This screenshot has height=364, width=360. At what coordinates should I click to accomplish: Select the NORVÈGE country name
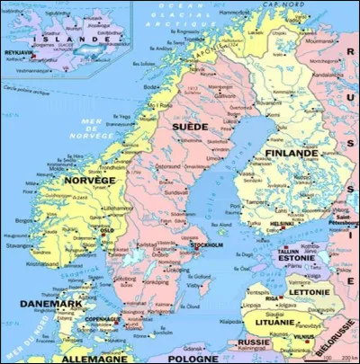pos(89,181)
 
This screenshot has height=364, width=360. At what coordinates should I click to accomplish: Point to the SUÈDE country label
pos(189,129)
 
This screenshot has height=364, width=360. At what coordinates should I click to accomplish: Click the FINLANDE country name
pos(292,154)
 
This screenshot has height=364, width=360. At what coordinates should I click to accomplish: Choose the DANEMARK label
pos(50,303)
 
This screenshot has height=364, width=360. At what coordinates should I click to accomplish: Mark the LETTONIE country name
pos(308,293)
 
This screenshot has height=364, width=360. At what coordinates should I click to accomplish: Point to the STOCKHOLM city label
pos(208,244)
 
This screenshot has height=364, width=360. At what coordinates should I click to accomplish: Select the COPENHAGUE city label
pos(102,319)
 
